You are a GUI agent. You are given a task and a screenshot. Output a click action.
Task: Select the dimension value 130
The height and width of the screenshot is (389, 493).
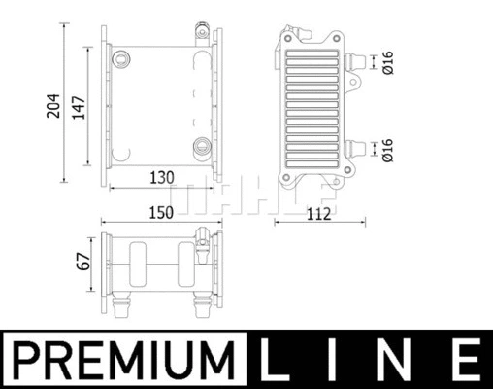pyautogui.click(x=161, y=177)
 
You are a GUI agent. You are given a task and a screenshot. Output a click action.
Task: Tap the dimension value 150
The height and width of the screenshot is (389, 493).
pyautogui.click(x=161, y=211)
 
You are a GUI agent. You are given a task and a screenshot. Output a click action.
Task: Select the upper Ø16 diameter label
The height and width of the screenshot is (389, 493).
pyautogui.click(x=386, y=64)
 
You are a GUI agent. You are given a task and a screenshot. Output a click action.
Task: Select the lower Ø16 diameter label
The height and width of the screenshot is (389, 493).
pyautogui.click(x=386, y=149)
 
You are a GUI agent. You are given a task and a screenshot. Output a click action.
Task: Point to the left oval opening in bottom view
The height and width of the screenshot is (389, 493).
pyautogui.click(x=135, y=265)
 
